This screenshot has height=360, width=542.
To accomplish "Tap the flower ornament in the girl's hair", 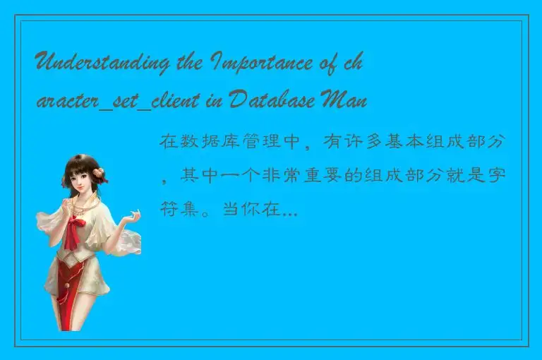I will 100,172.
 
